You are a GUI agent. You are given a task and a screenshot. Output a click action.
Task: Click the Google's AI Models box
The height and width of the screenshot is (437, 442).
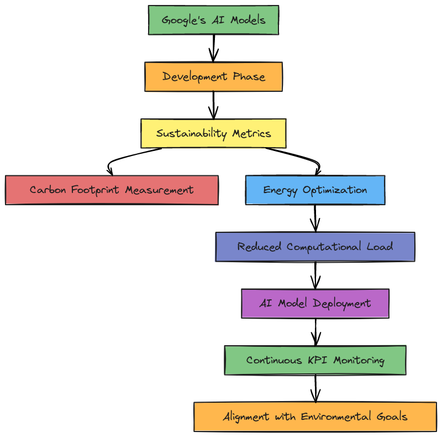(213, 20)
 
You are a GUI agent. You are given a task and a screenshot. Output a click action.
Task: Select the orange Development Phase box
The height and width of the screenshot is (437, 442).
(213, 76)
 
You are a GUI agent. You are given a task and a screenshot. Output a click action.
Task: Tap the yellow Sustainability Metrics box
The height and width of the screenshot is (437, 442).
(213, 133)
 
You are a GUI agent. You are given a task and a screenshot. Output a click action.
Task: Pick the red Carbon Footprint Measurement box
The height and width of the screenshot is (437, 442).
(112, 190)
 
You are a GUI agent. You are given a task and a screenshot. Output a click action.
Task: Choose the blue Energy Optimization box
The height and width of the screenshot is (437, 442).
(315, 190)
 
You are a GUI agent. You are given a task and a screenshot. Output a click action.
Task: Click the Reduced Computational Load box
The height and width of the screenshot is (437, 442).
(315, 247)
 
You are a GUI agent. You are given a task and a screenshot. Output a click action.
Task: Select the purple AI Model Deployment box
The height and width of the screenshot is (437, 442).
(315, 303)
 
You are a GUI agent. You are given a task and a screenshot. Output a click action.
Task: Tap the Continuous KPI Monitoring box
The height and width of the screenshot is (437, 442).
(315, 360)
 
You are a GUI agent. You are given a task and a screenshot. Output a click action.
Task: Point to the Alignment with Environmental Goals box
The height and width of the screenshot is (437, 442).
(315, 417)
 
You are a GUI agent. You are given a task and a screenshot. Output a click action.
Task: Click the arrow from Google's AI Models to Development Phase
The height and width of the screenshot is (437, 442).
(214, 48)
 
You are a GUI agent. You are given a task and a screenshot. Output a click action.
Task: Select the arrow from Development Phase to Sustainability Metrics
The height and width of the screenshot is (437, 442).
(214, 105)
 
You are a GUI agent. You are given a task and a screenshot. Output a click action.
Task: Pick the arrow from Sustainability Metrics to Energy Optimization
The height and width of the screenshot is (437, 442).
(301, 157)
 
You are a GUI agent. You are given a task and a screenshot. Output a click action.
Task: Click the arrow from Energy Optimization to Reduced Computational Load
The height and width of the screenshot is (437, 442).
(315, 218)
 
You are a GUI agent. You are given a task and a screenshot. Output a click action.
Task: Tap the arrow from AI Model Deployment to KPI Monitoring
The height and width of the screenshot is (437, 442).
(315, 331)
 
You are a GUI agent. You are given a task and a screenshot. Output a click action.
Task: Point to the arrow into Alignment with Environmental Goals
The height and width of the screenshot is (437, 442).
(315, 388)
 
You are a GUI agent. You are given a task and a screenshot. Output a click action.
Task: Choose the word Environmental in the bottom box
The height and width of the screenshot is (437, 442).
(336, 417)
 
